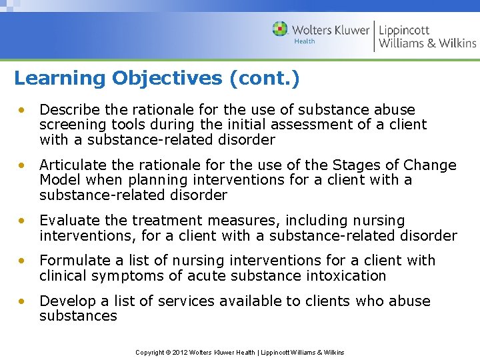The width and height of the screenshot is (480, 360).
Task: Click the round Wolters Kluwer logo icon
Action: (x=280, y=29)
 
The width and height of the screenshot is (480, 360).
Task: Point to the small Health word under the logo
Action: (x=305, y=42)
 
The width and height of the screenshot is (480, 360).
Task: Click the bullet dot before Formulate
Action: (x=23, y=261)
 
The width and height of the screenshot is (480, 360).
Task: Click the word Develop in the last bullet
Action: (x=65, y=301)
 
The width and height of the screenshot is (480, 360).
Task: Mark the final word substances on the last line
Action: (x=78, y=316)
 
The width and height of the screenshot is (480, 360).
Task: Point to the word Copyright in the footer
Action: (x=151, y=352)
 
